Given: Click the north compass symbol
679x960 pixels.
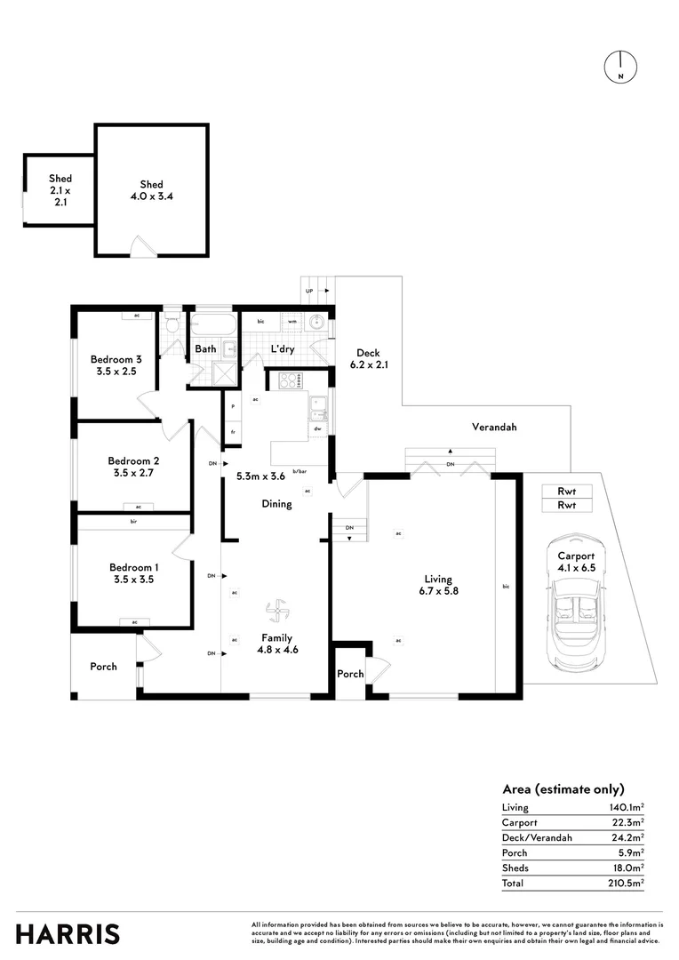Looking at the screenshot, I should point(619,68).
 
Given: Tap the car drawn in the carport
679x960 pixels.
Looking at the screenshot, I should point(575,604).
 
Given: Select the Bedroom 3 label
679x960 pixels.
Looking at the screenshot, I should point(116,365).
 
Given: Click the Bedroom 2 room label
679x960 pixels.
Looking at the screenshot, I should point(133,467).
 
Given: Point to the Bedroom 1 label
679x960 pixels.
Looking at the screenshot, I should point(134,573).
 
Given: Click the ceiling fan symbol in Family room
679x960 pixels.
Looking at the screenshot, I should point(276,611).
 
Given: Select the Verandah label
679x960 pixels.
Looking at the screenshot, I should point(494,428).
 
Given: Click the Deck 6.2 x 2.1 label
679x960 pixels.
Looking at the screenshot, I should point(368,358).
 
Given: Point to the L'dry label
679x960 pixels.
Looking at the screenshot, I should point(283,349).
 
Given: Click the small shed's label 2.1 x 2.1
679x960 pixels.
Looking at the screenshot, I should point(60,196).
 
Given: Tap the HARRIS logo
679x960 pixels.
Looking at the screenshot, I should point(68,933).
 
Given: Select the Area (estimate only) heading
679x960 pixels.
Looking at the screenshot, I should point(563,788).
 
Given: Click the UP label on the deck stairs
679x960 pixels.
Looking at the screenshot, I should point(309,290).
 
